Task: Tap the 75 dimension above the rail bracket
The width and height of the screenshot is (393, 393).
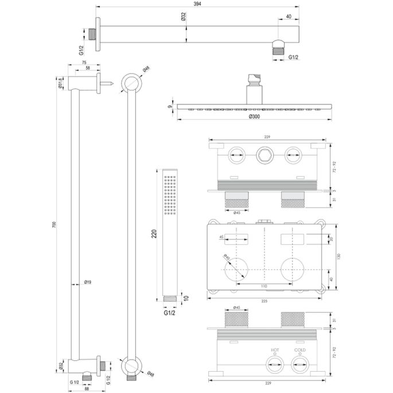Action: tap(84, 63)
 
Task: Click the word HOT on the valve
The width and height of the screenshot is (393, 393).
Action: tap(275, 349)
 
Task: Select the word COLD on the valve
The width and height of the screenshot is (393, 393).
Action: tap(299, 349)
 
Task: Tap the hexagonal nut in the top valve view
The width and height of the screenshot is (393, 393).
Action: tap(263, 154)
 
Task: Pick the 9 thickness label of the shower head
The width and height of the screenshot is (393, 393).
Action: tap(170, 106)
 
